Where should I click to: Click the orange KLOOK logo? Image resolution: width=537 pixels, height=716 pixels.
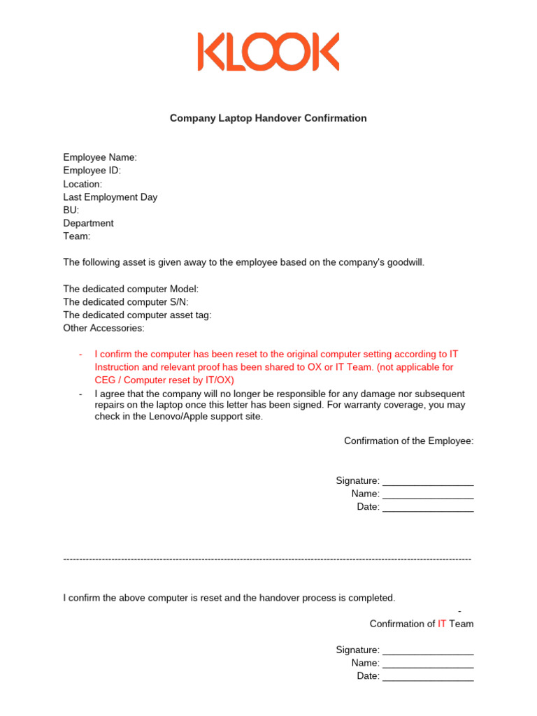(x=268, y=52)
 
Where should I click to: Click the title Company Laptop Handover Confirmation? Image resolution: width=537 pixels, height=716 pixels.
(x=268, y=118)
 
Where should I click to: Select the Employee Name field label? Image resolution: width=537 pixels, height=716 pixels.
(x=100, y=157)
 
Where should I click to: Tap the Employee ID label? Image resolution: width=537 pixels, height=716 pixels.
(x=92, y=171)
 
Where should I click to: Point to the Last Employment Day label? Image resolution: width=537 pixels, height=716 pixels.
(x=110, y=197)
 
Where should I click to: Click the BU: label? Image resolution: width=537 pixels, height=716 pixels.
(x=71, y=210)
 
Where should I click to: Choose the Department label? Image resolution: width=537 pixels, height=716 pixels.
(x=88, y=223)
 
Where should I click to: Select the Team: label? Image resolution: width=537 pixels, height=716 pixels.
(x=77, y=236)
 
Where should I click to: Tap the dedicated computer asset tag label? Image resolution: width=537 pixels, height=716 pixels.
(x=137, y=315)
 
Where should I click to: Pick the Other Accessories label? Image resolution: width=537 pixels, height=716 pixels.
(x=103, y=328)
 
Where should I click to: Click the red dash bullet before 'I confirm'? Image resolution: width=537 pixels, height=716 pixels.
(x=81, y=354)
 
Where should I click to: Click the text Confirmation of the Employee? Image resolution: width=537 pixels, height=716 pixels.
(x=408, y=441)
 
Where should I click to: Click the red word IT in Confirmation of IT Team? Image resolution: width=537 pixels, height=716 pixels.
(x=442, y=624)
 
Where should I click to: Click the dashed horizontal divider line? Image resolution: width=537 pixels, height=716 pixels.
(x=267, y=559)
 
